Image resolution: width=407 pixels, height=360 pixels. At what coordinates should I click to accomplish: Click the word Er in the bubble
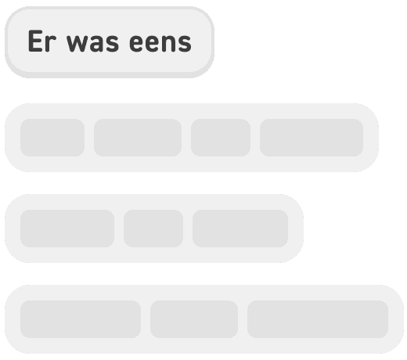[41, 42]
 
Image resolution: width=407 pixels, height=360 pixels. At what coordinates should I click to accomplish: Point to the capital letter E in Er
[34, 42]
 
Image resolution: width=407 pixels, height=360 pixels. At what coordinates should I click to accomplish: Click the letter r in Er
[49, 44]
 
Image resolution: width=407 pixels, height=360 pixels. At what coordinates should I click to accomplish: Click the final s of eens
[185, 44]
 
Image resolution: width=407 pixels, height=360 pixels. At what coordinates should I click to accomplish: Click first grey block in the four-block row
[52, 138]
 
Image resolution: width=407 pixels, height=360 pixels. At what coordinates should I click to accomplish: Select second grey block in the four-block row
[137, 138]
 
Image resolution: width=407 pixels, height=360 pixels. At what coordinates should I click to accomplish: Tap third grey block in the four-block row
[220, 138]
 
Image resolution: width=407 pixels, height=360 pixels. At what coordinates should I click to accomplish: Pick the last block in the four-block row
[312, 138]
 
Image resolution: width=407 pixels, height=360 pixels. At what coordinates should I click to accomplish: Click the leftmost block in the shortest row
[67, 229]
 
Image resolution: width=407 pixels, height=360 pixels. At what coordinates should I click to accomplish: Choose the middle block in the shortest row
[153, 229]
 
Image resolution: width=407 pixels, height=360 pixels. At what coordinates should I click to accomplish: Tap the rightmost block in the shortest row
[240, 229]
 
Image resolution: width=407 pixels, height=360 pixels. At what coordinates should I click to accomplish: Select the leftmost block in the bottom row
[80, 319]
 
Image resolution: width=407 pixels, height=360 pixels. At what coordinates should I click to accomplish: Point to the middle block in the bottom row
[193, 319]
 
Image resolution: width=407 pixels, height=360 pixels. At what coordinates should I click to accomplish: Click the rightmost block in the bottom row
[317, 319]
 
